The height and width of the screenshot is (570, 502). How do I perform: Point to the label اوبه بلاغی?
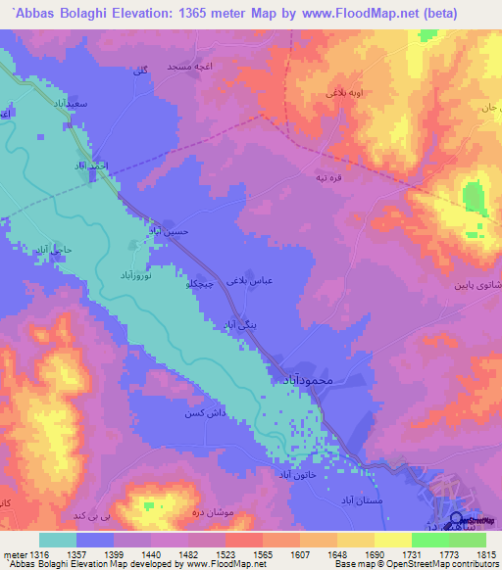pos(319,94)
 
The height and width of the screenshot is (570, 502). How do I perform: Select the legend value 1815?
pos(485,555)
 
